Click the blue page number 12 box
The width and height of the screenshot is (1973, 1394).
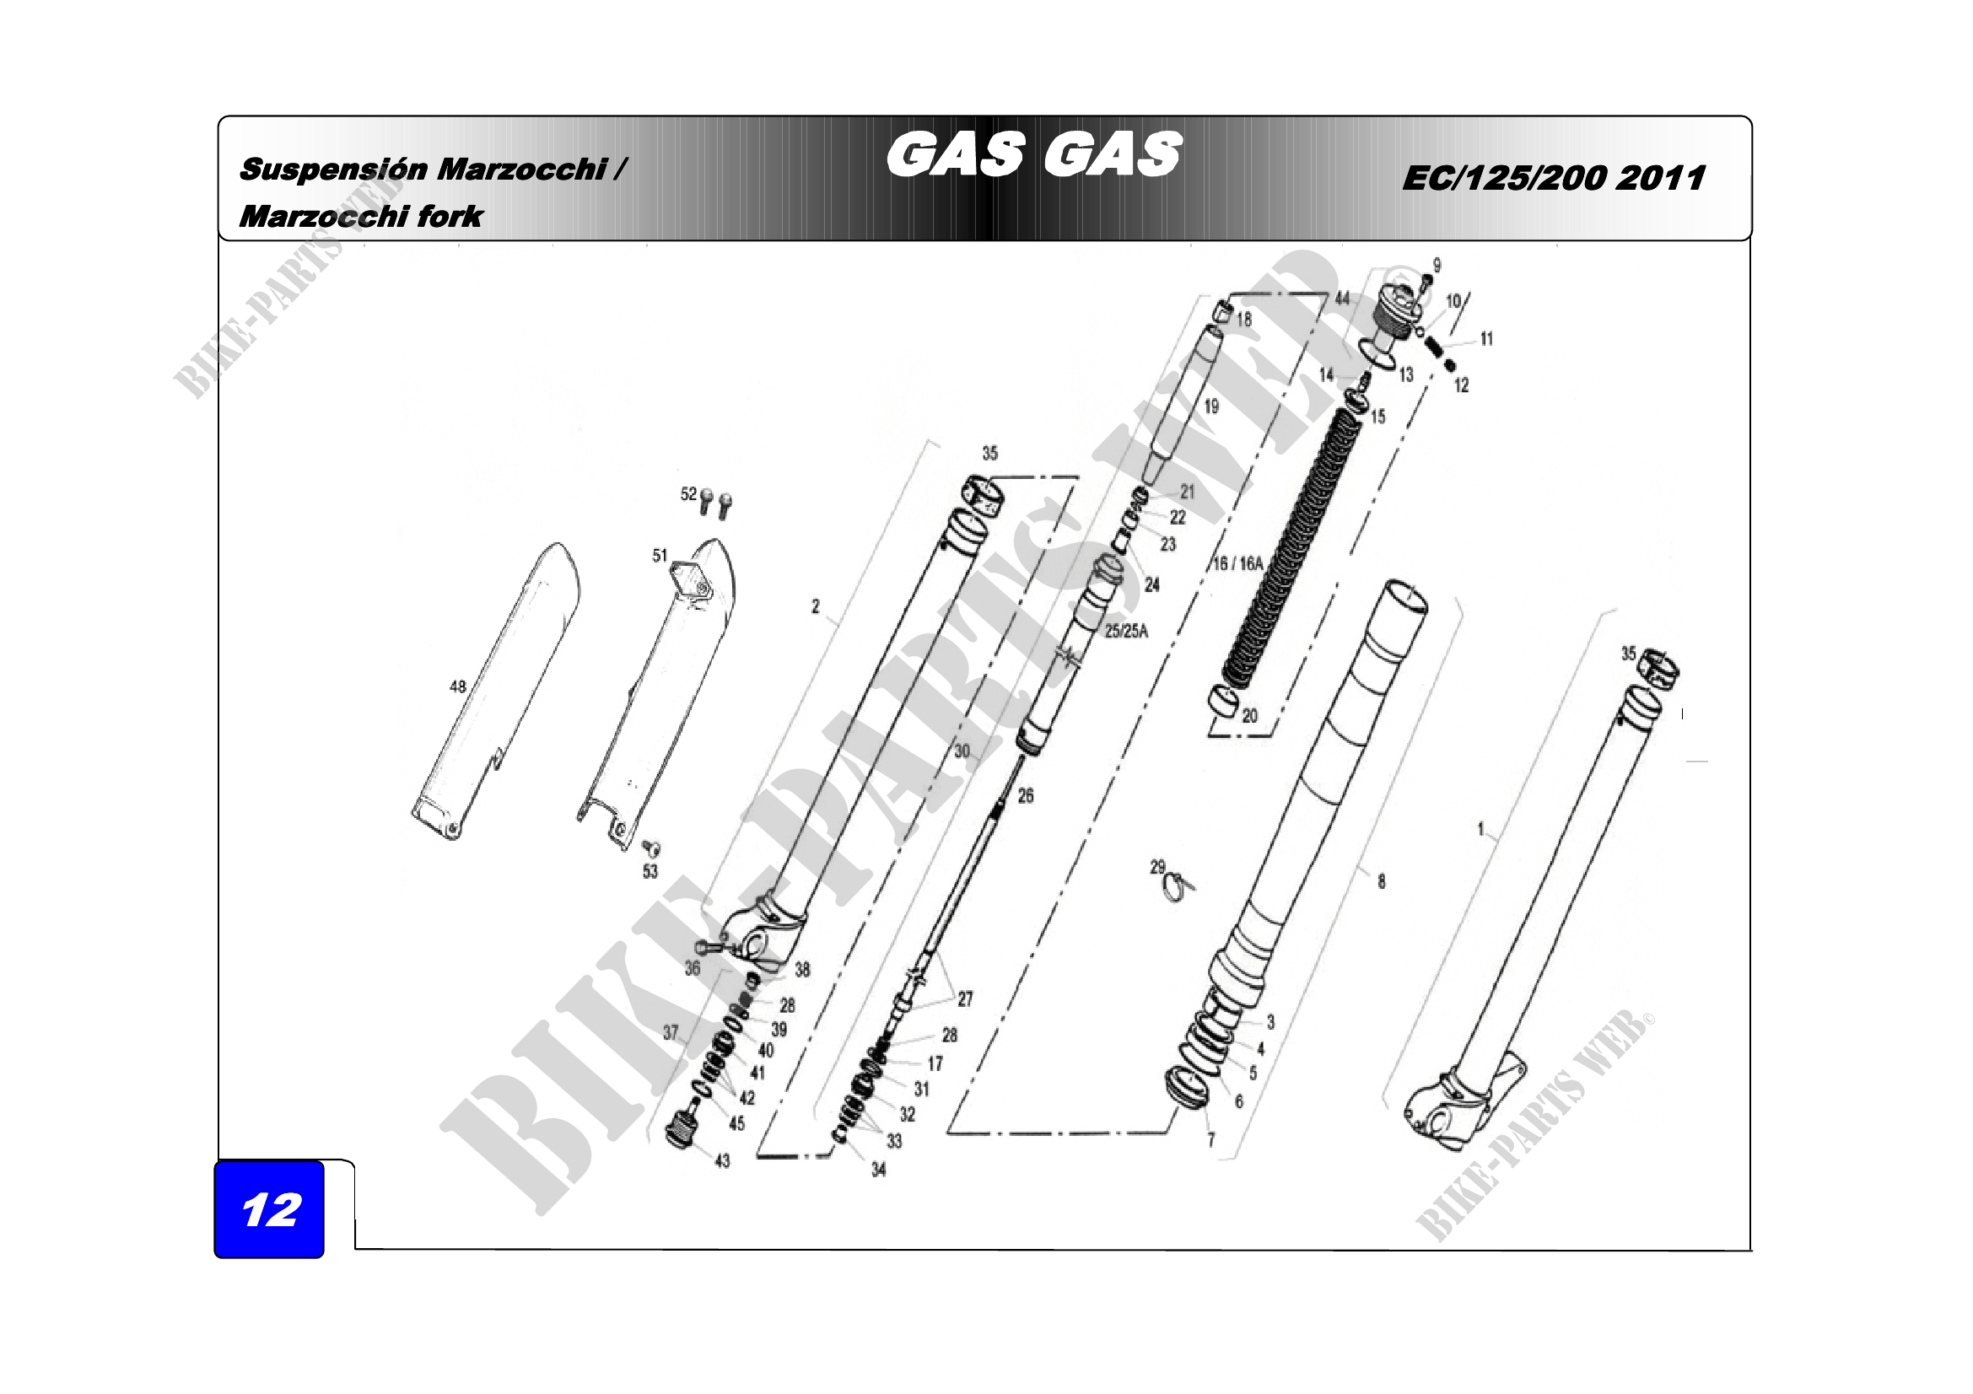269,1209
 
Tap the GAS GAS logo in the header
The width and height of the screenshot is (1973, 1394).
1034,154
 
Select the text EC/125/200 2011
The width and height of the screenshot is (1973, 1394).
1553,178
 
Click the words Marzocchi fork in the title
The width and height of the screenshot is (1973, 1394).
361,217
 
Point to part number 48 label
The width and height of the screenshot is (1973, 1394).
458,686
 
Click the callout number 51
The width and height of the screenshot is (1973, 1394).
659,556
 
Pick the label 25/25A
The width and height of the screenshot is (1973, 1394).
1126,631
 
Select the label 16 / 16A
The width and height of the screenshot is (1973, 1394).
1237,563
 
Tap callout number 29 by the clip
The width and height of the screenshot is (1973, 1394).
1157,868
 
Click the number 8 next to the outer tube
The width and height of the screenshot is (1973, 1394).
1381,881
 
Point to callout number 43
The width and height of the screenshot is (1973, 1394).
722,1160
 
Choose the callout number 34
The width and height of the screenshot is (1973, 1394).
878,1169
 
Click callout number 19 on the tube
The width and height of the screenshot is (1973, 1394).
1211,406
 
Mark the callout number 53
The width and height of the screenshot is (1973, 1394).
650,871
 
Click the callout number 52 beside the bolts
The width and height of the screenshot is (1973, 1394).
688,494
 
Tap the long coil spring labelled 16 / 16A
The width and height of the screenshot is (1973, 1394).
1289,550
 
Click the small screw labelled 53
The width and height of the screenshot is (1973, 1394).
653,849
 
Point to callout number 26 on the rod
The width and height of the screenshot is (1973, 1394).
1025,796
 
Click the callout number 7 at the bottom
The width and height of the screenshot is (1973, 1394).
1210,1140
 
